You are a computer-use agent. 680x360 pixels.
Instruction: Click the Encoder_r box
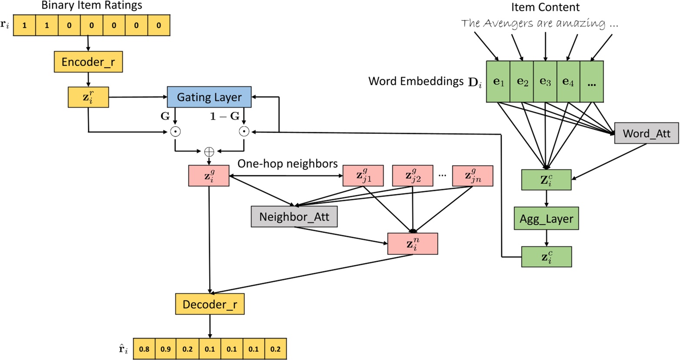(88, 62)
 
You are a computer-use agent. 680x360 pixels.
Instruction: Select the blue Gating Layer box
(209, 97)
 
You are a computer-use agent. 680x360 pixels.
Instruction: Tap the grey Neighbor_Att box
(294, 217)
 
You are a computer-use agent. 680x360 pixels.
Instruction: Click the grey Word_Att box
(647, 133)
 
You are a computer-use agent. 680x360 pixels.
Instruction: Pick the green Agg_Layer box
(546, 219)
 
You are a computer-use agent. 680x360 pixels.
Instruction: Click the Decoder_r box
(210, 304)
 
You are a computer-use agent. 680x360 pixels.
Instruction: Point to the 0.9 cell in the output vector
(166, 349)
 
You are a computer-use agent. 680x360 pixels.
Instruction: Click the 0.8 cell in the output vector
(144, 349)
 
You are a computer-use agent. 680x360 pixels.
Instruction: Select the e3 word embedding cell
(545, 82)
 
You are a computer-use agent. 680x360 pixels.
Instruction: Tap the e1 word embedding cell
(498, 82)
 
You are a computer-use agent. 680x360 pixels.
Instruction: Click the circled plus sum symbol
(209, 151)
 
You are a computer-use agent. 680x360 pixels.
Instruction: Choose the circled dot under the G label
(175, 132)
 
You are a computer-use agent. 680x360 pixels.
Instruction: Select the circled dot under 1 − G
(244, 132)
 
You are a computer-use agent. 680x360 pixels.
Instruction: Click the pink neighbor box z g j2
(413, 176)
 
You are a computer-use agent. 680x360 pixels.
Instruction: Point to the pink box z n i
(413, 243)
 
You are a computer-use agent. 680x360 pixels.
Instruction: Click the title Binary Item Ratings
(91, 6)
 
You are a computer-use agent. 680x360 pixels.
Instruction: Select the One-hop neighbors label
(287, 164)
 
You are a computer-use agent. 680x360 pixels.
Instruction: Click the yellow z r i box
(88, 97)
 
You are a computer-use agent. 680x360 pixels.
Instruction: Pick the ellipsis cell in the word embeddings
(591, 82)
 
